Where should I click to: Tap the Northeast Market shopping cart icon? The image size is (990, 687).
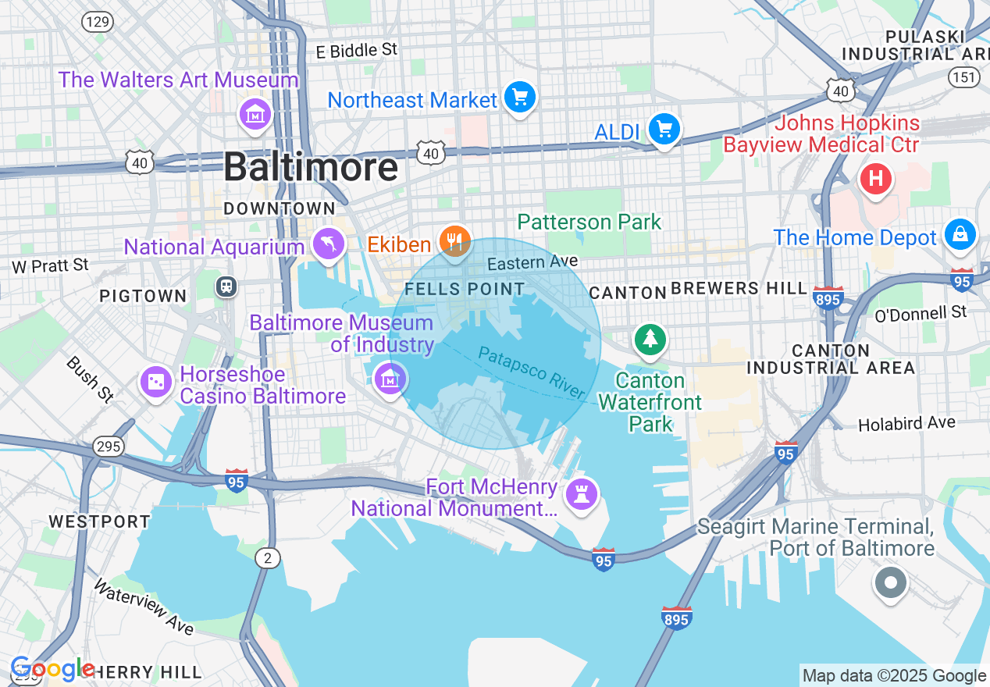(x=519, y=98)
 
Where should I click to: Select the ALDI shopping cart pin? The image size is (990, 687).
(x=664, y=130)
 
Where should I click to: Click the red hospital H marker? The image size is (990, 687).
(x=875, y=180)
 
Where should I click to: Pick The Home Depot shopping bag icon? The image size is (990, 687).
(x=960, y=233)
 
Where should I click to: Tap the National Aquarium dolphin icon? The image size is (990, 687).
(x=329, y=244)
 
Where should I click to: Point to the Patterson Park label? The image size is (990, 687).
(x=589, y=222)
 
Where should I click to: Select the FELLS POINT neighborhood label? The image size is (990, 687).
(x=465, y=289)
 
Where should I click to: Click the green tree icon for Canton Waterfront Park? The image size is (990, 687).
(x=650, y=339)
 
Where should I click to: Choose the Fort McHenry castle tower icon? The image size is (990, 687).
(x=582, y=494)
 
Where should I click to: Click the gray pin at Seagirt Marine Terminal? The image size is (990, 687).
(x=890, y=582)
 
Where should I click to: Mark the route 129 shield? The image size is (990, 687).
(x=98, y=22)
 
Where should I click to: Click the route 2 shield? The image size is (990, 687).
(x=268, y=557)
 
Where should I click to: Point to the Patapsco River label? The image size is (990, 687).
(x=532, y=372)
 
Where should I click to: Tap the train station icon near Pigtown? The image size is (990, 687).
(x=226, y=287)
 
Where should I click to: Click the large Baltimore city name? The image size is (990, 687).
(x=311, y=168)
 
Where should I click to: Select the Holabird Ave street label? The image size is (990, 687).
(x=906, y=424)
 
